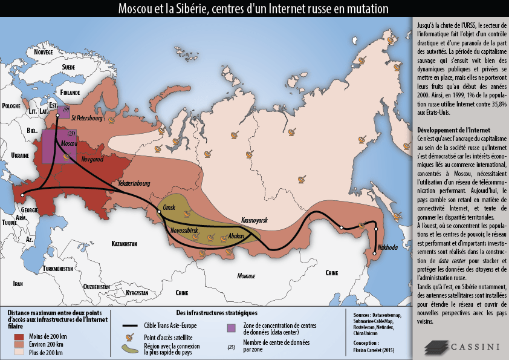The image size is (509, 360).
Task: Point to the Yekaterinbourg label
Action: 134,181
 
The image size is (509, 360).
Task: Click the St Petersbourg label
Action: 86,118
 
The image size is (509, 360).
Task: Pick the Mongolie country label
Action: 246,276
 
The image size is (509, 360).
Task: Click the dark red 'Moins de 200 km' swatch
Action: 20,336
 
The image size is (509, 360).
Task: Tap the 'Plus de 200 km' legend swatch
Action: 20,352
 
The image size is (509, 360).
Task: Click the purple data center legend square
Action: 231,328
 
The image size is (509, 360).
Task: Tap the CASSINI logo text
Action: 474,346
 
